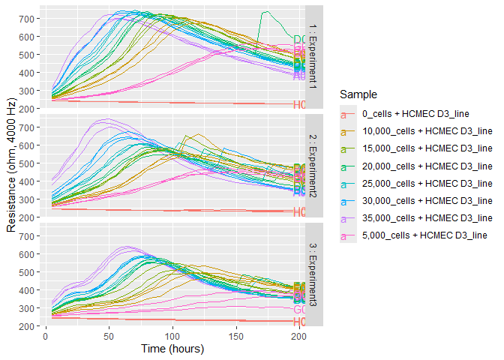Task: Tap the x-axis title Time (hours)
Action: [172, 349]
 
